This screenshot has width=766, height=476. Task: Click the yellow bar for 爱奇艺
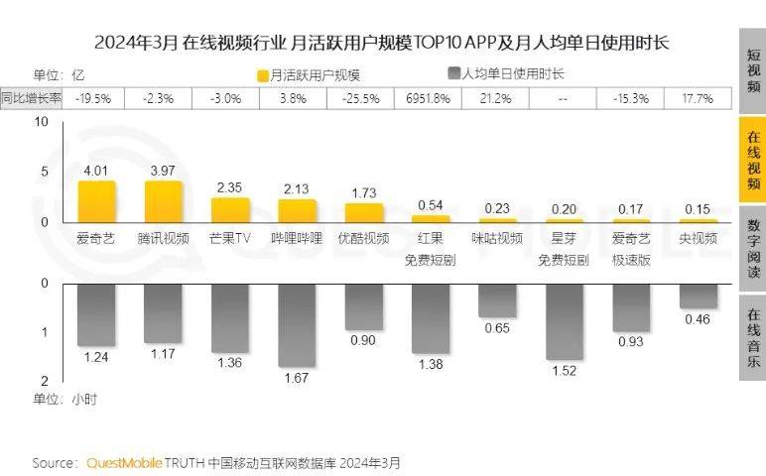coord(96,202)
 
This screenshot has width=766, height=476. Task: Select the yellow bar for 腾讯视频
coord(164,202)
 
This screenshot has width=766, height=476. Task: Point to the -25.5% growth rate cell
coord(361,98)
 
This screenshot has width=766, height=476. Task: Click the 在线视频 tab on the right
coord(753,158)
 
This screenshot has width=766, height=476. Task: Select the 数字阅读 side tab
coord(753,248)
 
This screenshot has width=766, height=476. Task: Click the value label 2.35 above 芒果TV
coord(230,187)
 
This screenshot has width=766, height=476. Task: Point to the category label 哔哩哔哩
coord(297,238)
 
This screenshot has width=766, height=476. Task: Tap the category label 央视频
coord(699,238)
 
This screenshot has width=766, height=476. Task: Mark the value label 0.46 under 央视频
coord(699,319)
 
